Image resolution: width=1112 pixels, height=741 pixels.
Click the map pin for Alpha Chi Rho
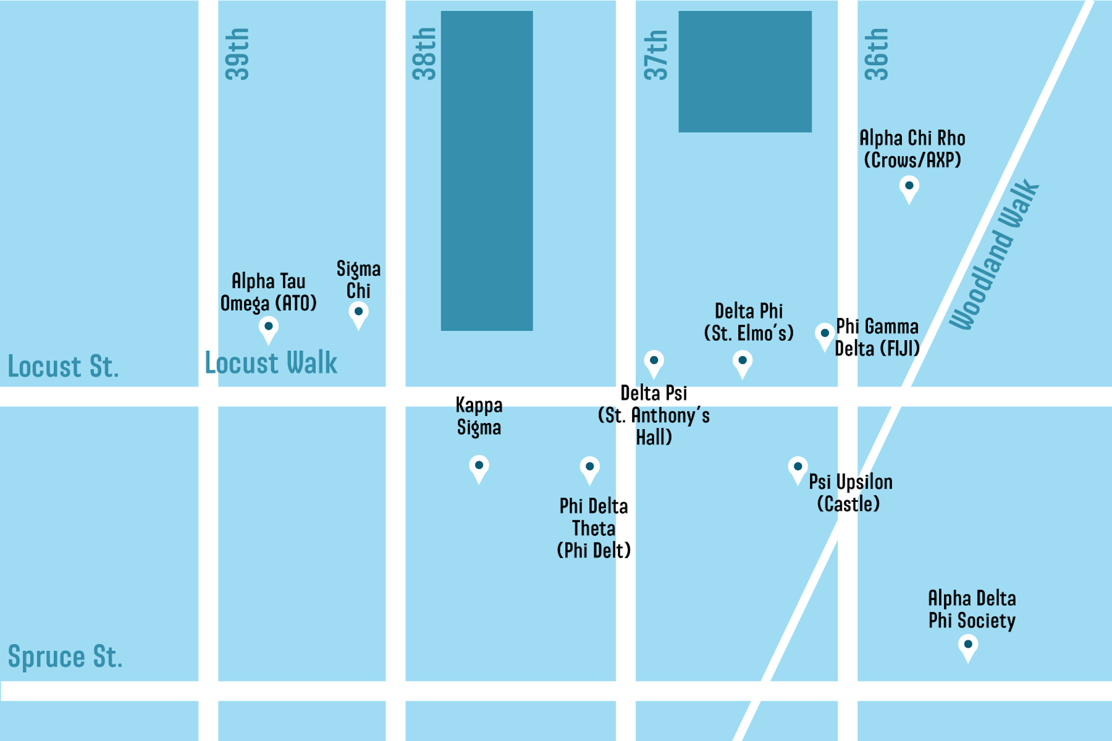coord(909,187)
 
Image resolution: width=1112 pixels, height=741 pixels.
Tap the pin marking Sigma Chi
coord(359,313)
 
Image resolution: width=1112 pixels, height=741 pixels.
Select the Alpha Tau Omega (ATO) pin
coord(269,328)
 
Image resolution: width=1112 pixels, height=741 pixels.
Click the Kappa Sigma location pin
coord(479,467)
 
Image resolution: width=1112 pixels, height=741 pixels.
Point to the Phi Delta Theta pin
coord(589,468)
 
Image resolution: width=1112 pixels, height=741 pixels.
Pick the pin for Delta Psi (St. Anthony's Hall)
coord(654,362)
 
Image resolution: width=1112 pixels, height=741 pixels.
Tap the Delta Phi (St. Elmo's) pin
coord(742,362)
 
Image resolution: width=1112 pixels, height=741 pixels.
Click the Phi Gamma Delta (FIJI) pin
coord(825,335)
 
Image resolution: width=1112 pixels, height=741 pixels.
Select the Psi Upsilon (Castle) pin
coord(798,468)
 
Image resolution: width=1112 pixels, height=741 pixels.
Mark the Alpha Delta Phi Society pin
coord(968,646)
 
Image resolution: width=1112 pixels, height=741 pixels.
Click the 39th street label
coord(237,54)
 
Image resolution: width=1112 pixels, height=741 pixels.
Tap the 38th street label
coord(424,54)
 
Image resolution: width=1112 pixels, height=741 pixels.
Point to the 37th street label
coord(656,55)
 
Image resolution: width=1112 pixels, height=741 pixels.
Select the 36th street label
coord(876,54)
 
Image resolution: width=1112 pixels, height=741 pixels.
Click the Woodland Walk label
coord(994,255)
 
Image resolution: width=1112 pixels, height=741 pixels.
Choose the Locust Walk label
coord(271,363)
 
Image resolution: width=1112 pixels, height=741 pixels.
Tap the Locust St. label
coord(63,367)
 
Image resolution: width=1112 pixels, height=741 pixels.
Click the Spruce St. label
coord(64,657)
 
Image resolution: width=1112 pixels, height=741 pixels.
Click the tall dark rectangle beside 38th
coord(487,171)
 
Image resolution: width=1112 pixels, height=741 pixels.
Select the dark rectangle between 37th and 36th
coord(744,72)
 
